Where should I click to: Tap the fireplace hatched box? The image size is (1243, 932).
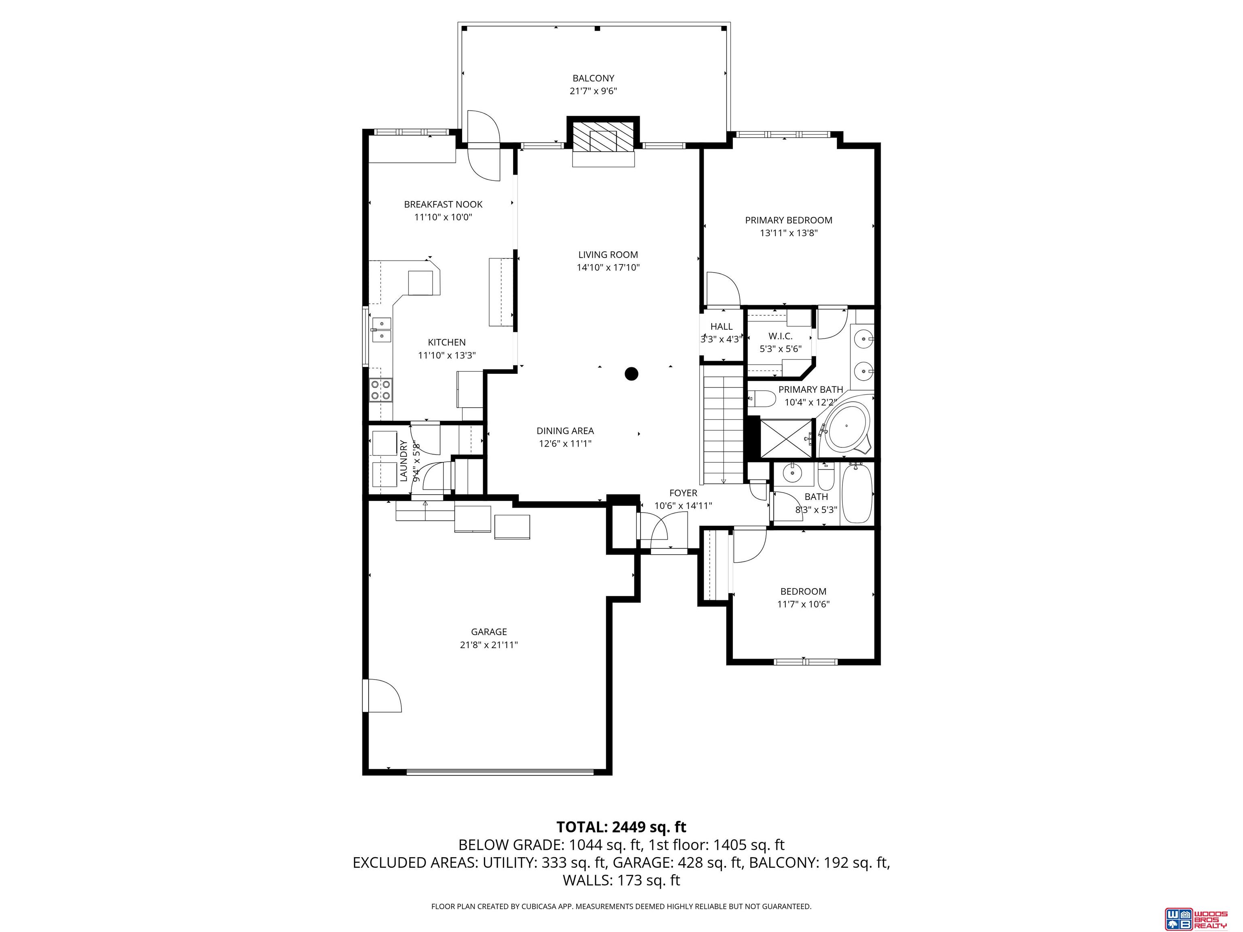point(603,136)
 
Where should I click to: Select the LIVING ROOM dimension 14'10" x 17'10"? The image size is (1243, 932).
point(608,268)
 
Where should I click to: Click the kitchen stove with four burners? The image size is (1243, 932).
point(381,389)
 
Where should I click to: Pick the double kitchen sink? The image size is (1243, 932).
point(382,330)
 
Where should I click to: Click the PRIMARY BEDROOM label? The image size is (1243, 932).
point(788,220)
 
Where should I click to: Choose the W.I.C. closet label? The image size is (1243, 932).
point(780,336)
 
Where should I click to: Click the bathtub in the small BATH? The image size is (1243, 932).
point(857,493)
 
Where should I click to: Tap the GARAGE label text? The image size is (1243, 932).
point(489,632)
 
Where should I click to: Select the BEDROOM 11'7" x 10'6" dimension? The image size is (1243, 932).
point(803,604)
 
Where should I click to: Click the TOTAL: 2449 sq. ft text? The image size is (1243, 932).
point(621,827)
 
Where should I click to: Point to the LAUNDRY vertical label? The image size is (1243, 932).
point(403,461)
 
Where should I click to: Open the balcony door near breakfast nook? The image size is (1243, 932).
point(483,145)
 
